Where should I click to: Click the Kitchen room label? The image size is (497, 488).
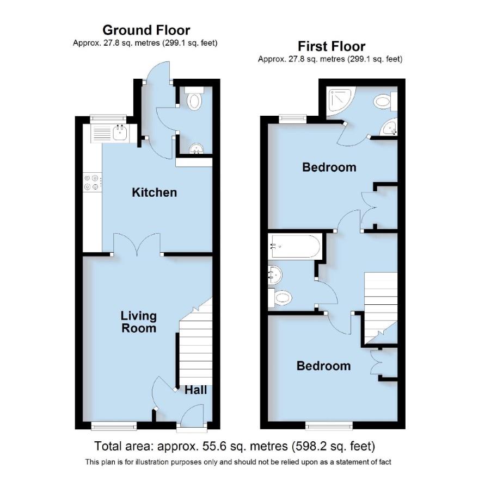point(155,192)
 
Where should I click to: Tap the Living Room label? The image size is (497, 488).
point(138,322)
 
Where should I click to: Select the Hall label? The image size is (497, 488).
point(195,390)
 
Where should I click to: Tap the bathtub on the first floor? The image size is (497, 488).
point(294,247)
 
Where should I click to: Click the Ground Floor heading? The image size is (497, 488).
point(146,30)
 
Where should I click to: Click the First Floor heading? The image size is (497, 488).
point(331,46)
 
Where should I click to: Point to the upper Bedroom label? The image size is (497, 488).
point(329,167)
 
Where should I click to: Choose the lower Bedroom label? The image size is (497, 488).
point(323,366)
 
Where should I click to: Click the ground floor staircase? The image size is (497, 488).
point(195,348)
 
